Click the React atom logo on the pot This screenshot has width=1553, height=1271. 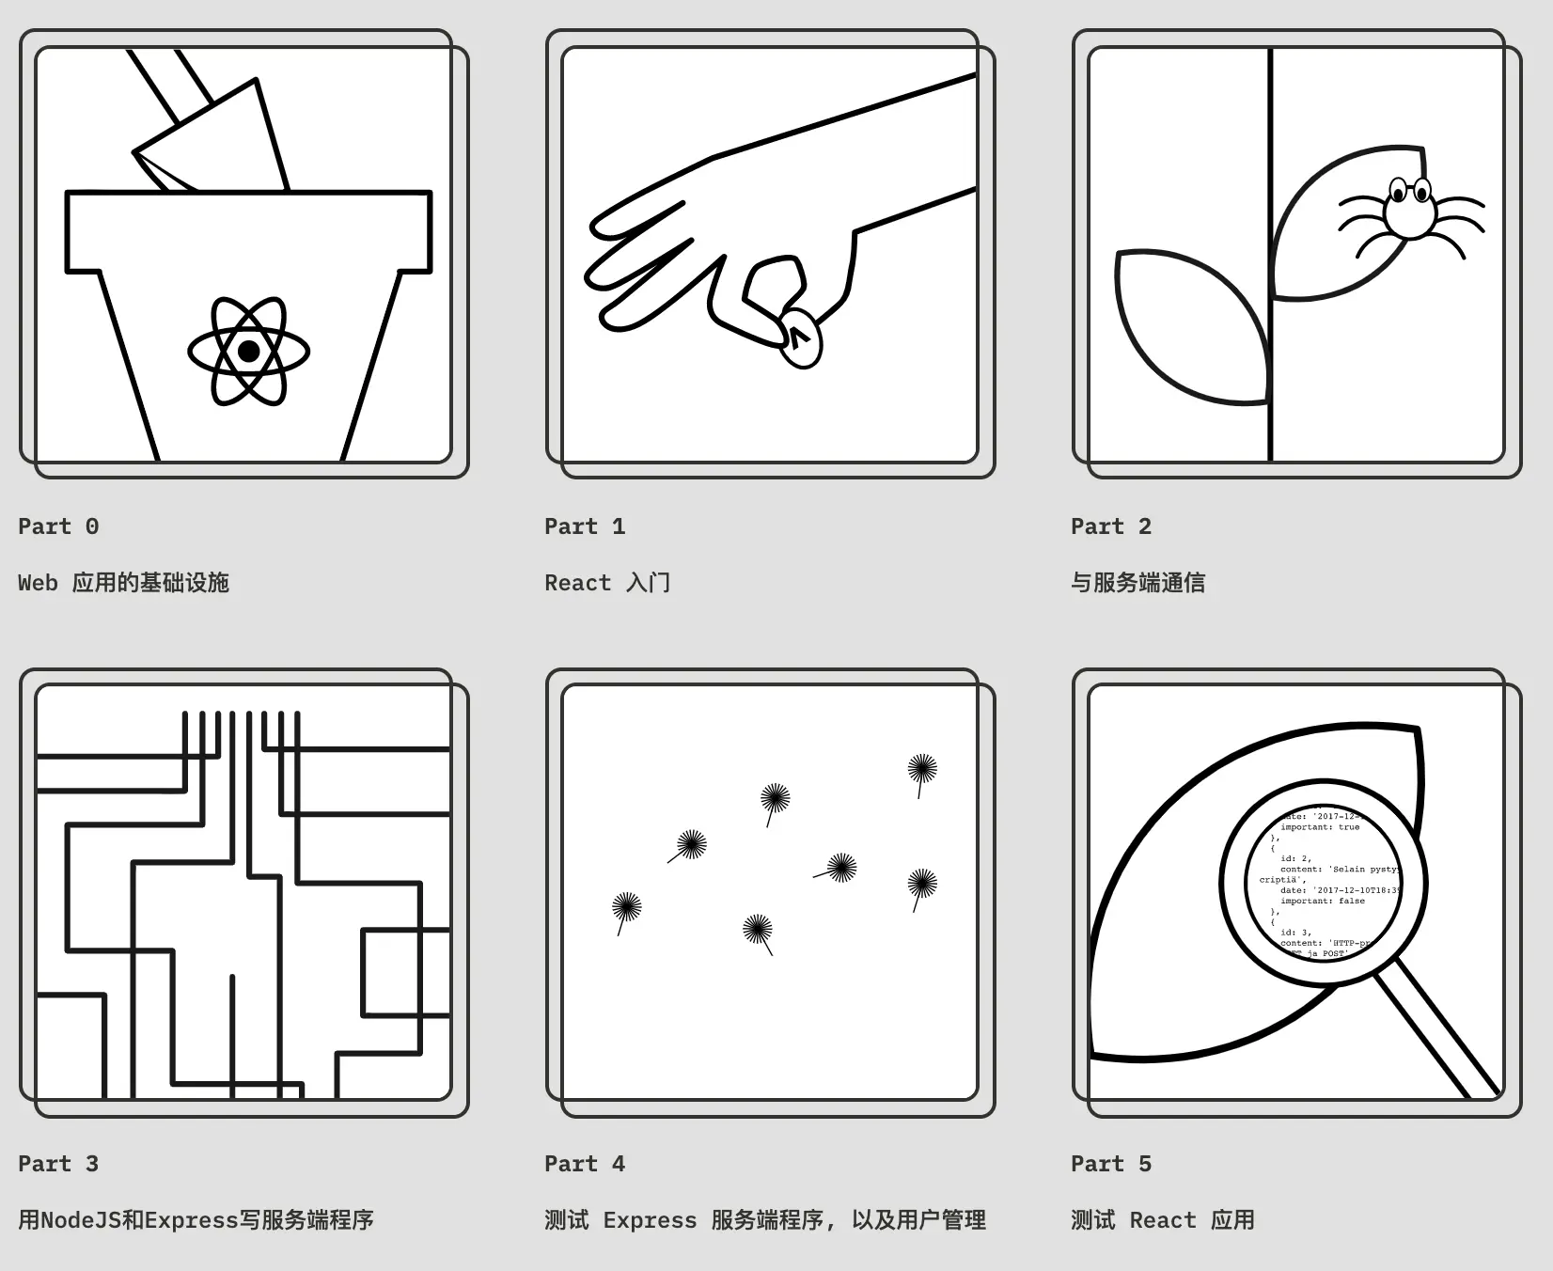[248, 351]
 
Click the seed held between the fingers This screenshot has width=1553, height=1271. [801, 338]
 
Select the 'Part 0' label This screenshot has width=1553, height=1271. [58, 526]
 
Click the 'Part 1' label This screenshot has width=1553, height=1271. [585, 526]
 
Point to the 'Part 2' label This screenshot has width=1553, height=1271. [1111, 526]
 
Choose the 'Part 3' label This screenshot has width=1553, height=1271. [58, 1164]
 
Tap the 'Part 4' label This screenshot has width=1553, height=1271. [585, 1164]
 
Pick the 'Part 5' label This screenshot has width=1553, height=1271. [1111, 1164]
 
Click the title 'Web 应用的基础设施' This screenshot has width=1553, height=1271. [123, 583]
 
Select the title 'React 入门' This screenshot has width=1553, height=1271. [607, 583]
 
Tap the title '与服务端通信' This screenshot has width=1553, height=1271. [1137, 583]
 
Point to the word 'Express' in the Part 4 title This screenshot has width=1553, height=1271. [650, 1220]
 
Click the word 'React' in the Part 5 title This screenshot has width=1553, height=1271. [1163, 1220]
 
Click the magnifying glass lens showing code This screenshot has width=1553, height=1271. [1324, 884]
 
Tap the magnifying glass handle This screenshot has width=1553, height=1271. [1436, 1034]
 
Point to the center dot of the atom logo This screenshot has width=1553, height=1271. [248, 351]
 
